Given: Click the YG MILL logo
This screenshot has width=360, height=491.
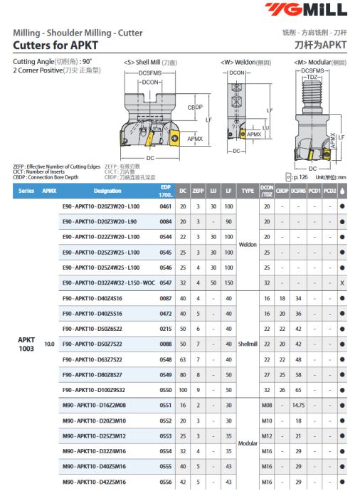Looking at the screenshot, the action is click(306, 9).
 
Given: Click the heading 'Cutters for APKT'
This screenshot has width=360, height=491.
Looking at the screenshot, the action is click(55, 45).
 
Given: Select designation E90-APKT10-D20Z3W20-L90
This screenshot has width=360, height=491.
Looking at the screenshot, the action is click(100, 222).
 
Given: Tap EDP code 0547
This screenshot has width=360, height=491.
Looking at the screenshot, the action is click(166, 283).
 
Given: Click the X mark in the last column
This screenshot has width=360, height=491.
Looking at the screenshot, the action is click(342, 283).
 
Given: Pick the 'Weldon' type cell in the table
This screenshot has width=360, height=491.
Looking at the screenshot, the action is click(248, 245).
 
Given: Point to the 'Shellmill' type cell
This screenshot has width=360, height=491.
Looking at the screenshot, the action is click(248, 344).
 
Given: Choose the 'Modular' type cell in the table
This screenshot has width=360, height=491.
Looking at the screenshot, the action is click(248, 443).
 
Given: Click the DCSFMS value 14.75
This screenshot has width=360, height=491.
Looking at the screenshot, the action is click(298, 405).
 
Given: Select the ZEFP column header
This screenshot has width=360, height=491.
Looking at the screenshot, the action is click(198, 191).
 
